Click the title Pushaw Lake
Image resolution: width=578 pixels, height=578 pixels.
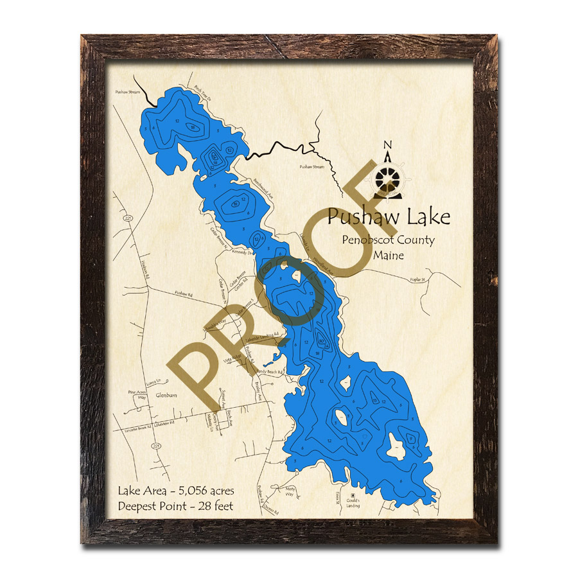pos(388,217)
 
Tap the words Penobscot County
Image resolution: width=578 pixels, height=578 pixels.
pos(388,241)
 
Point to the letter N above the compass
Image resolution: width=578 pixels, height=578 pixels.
pos(387,145)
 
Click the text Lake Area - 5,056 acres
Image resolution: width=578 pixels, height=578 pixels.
pos(175,491)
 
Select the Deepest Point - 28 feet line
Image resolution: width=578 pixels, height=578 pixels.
pos(175,505)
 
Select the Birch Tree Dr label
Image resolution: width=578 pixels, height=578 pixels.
pos(203,95)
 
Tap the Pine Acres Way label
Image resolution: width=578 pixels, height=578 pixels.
pos(138,394)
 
